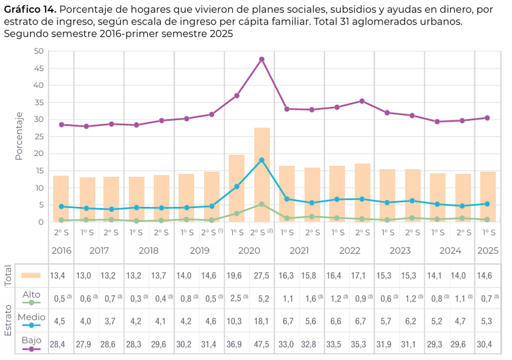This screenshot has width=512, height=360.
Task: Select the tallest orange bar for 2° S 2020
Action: click(262, 175)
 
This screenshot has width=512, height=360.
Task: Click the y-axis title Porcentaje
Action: click(19, 136)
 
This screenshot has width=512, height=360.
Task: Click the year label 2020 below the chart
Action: click(249, 250)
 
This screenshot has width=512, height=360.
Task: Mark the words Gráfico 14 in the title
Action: click(29, 10)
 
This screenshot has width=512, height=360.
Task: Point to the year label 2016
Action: click(61, 250)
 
